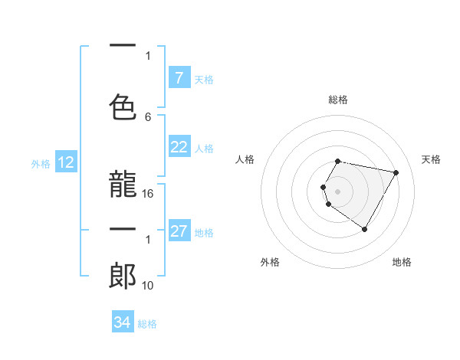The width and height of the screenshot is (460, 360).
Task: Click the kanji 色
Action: coord(123,106)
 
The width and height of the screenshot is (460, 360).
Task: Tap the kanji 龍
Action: coord(123,184)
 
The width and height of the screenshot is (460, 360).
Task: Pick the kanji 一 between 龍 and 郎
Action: coord(123,230)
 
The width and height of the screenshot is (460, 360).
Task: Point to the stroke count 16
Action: coord(148,194)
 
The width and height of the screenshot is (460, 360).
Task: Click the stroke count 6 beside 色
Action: coord(148,116)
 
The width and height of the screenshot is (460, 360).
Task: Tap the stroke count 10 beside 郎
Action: coord(148,286)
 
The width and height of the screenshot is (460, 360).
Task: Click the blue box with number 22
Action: coord(179,147)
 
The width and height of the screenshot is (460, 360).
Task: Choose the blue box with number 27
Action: coord(179,231)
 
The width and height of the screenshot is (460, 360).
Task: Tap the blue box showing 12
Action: coord(66,162)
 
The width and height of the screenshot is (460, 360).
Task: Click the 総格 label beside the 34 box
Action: coord(147,324)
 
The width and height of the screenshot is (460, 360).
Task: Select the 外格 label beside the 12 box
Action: coord(41,163)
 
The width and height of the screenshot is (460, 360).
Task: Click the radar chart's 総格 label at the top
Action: coord(338,100)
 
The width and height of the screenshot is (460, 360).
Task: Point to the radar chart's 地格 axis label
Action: coord(402,263)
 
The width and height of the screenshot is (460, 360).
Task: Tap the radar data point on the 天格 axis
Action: coord(396,173)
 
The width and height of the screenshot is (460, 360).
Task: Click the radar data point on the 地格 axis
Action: coord(364,229)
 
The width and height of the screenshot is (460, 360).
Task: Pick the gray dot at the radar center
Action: coord(338,191)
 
